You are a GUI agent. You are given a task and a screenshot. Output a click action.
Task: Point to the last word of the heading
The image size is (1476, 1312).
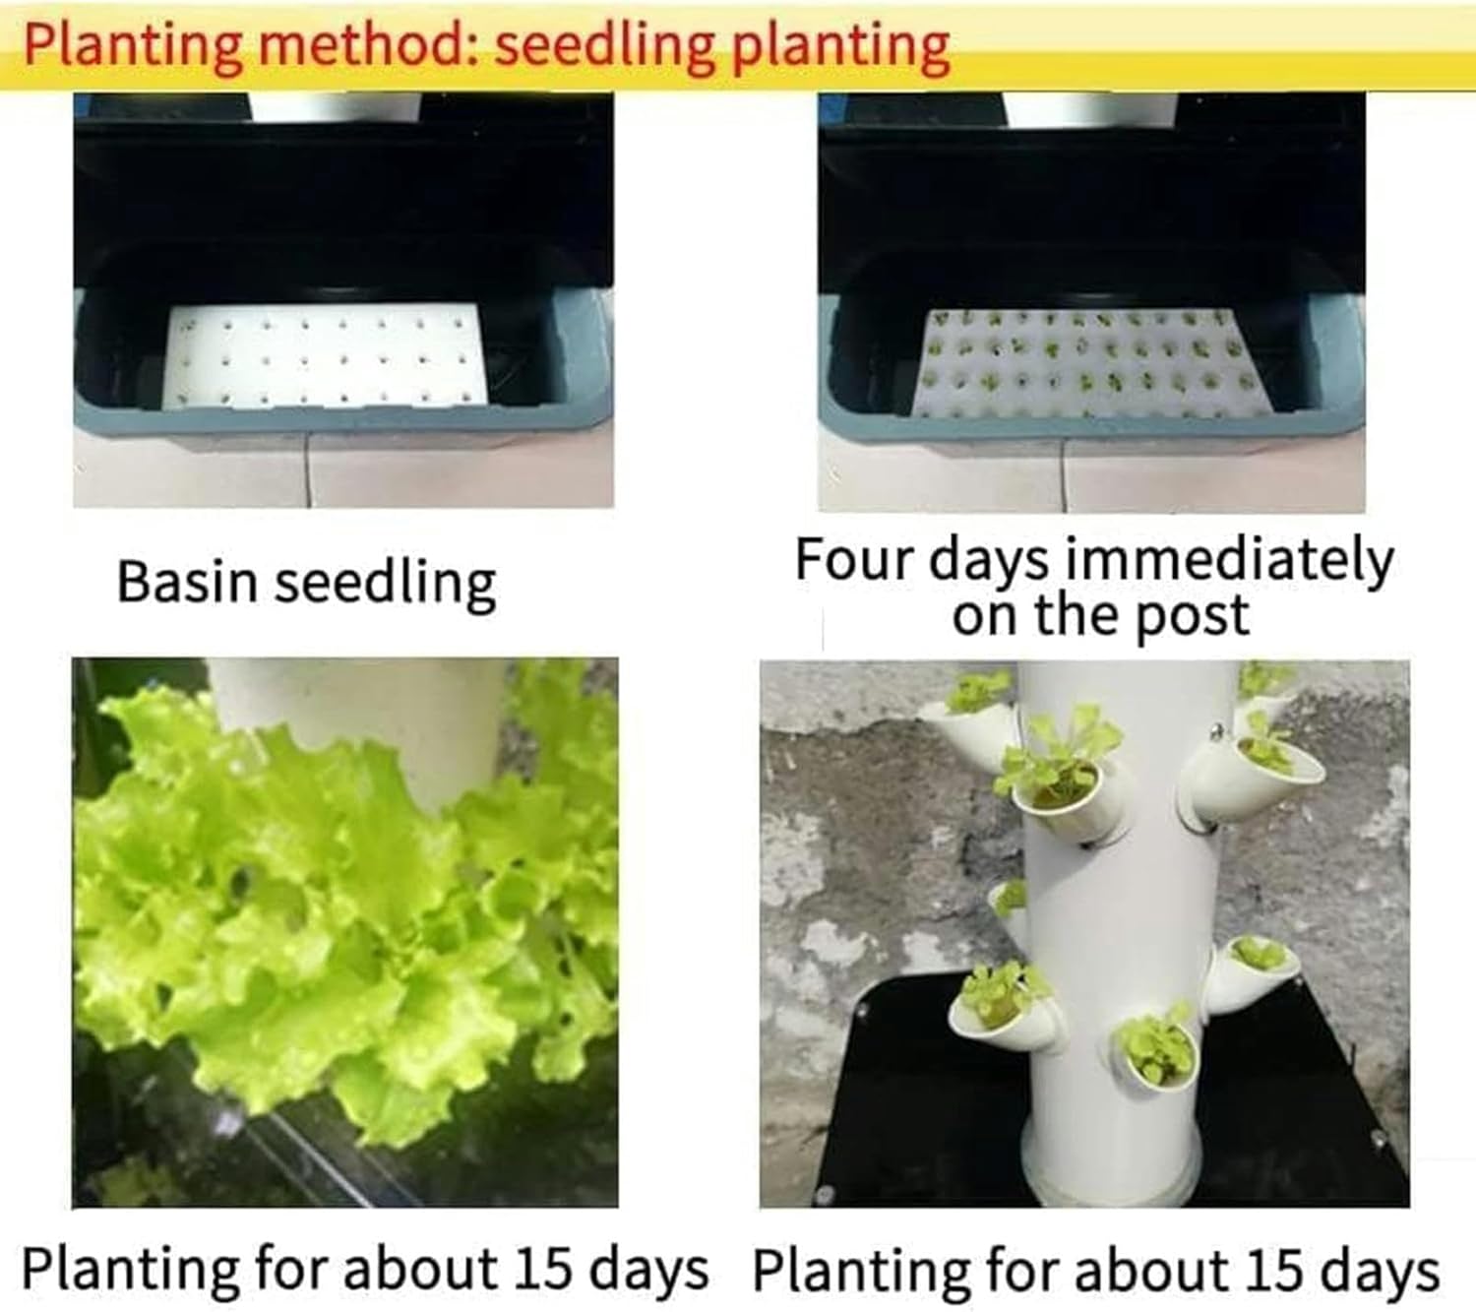point(841,45)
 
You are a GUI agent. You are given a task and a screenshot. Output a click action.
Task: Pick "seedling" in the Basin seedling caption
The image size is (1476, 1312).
point(385,583)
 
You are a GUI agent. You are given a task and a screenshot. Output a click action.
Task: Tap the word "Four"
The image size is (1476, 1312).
point(853,560)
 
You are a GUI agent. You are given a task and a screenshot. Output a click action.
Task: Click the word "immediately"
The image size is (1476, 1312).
point(1230,561)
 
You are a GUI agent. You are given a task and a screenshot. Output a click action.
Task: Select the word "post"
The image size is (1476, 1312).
point(1192,617)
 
